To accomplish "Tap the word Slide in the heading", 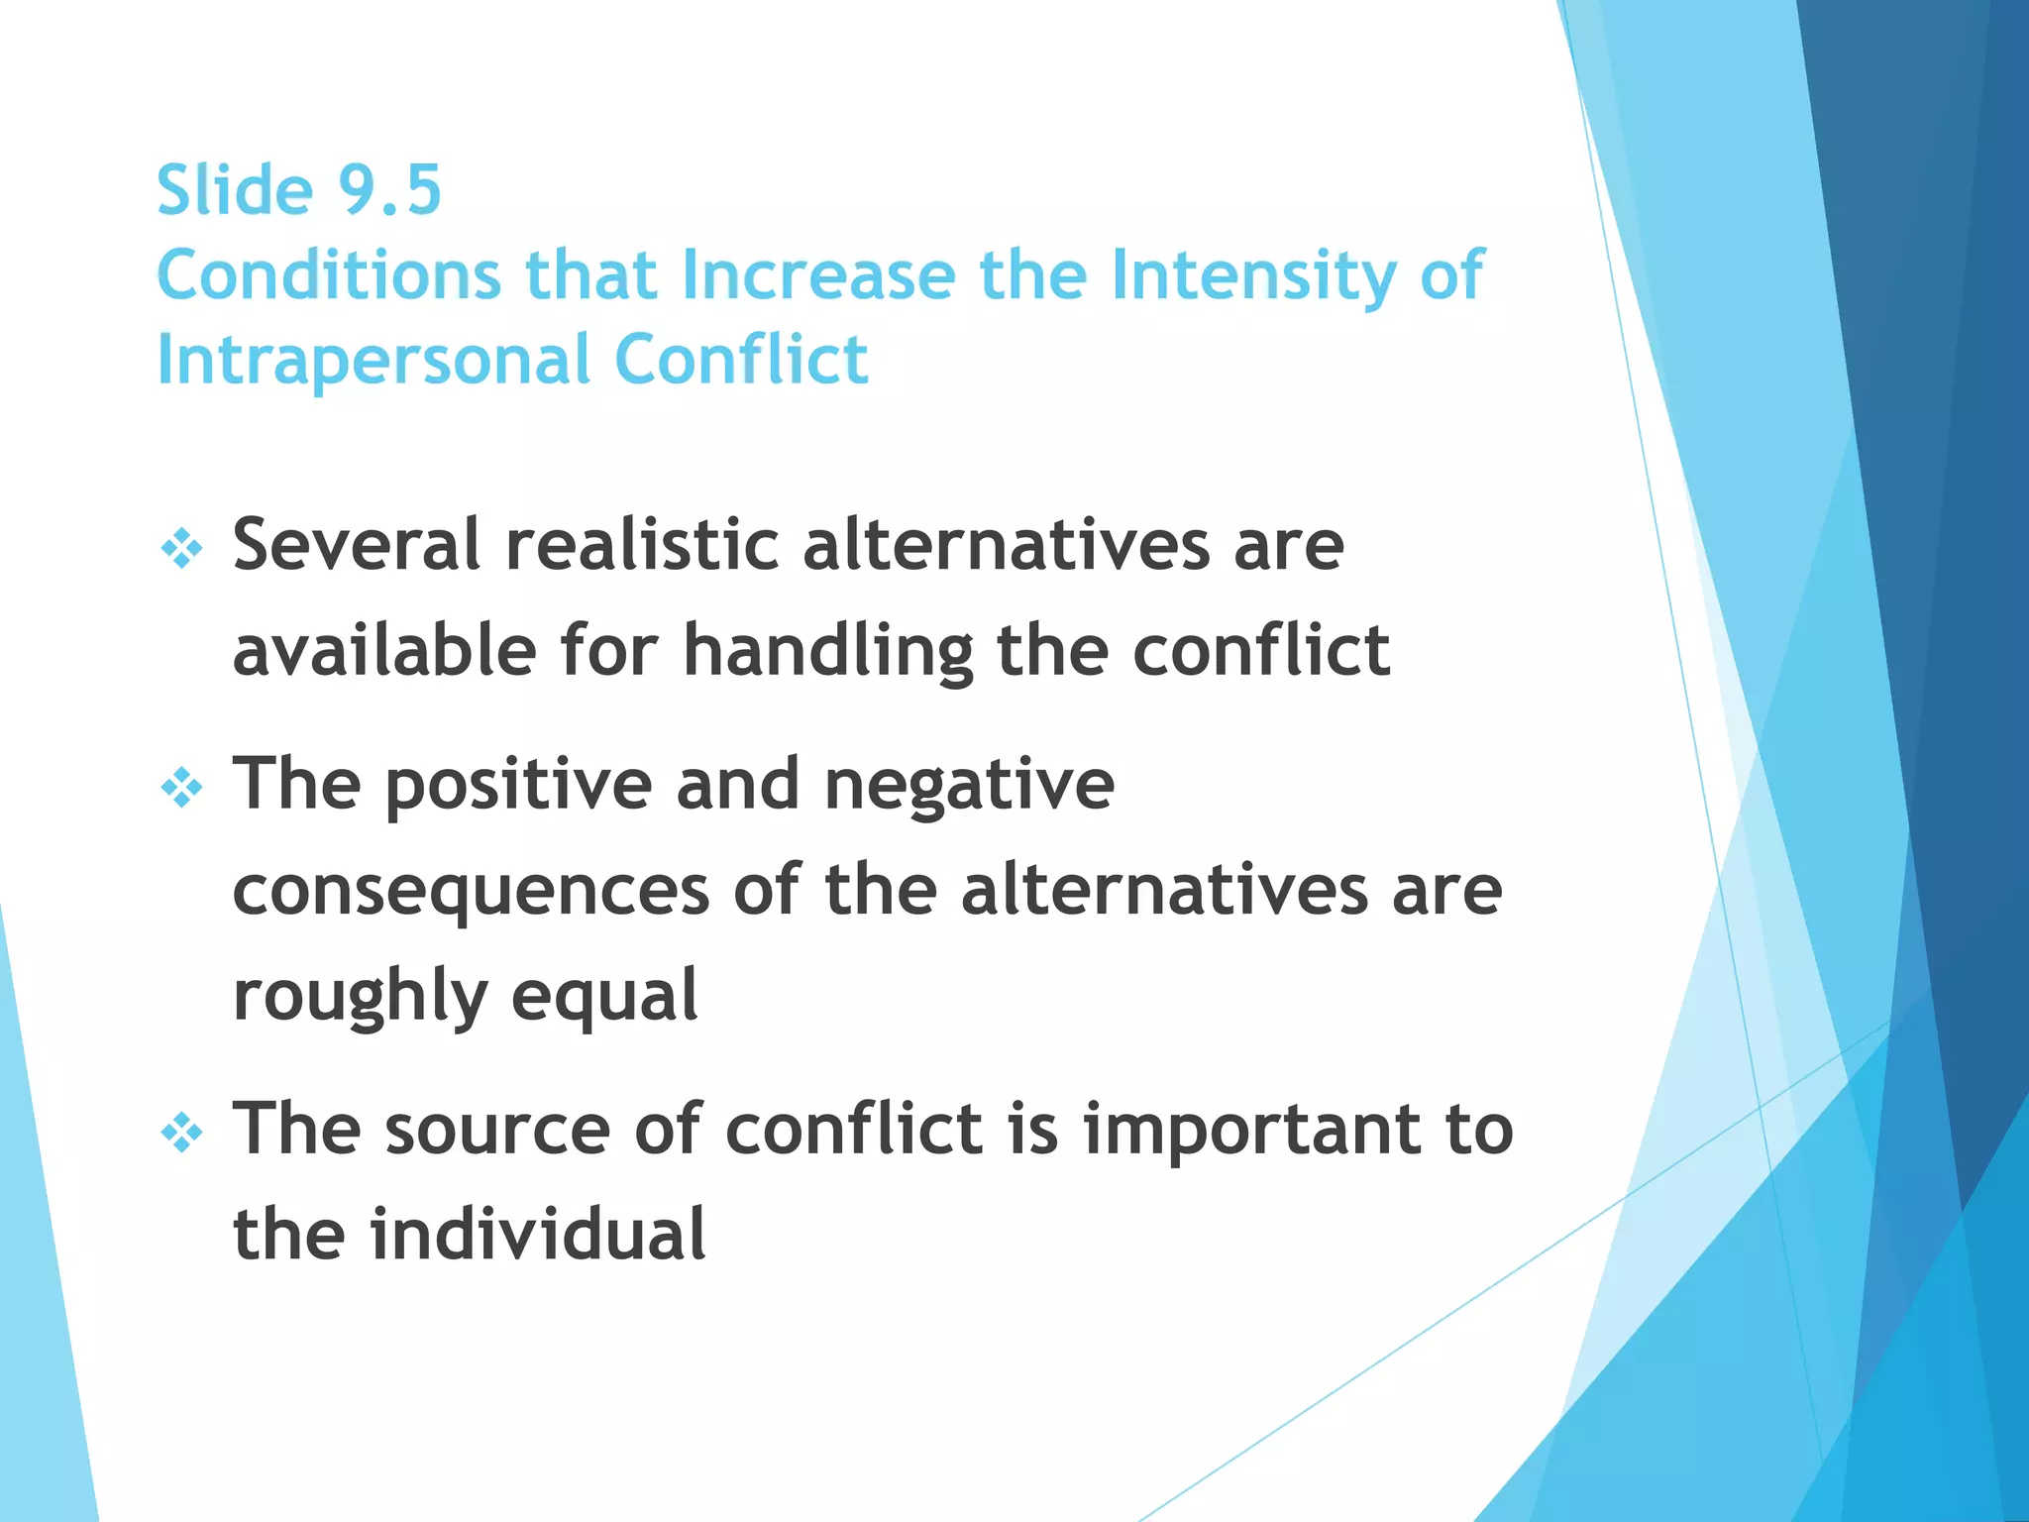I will tap(235, 189).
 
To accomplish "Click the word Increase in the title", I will tap(818, 274).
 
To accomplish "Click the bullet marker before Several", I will tap(182, 548).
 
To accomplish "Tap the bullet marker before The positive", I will tap(182, 789).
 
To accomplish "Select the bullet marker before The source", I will tap(182, 1133).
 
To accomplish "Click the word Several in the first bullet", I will tap(357, 544).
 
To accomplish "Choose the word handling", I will tap(828, 652).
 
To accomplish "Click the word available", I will tap(384, 650).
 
